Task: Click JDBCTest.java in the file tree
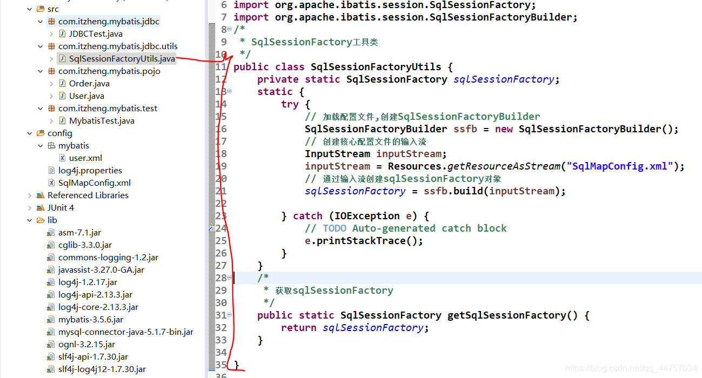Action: [96, 34]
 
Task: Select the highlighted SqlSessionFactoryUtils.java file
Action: [122, 59]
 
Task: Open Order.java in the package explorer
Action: [89, 84]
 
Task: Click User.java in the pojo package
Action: [86, 96]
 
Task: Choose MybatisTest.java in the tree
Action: [102, 121]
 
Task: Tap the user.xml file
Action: [85, 158]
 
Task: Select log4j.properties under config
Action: [90, 171]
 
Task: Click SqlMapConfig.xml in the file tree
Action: [94, 183]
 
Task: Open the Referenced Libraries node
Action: [88, 195]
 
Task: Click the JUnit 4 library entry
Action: [61, 208]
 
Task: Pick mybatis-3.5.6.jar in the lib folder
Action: [91, 320]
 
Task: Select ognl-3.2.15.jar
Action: [86, 345]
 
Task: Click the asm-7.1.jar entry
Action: [79, 233]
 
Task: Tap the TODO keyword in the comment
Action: [335, 228]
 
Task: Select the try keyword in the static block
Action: [290, 104]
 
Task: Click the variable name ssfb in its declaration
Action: [465, 129]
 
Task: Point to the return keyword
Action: [299, 328]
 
